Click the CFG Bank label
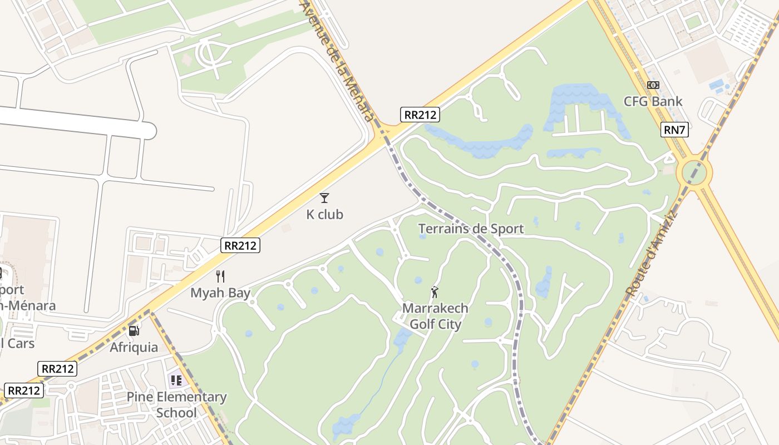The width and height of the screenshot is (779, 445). (x=653, y=101)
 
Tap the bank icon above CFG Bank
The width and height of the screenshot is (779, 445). (x=653, y=85)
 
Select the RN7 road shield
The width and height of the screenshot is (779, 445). (x=674, y=130)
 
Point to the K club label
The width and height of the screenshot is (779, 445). (x=324, y=214)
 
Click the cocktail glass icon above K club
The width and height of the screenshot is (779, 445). (x=324, y=197)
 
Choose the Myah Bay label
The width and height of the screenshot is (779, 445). (x=220, y=293)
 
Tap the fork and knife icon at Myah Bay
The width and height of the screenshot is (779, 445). (x=220, y=276)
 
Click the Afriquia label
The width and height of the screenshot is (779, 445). (x=134, y=347)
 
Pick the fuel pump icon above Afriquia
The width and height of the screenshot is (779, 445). (x=134, y=330)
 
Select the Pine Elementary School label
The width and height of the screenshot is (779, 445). (x=176, y=404)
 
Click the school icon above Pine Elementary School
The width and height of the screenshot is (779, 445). (x=176, y=380)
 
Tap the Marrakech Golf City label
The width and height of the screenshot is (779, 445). (x=435, y=316)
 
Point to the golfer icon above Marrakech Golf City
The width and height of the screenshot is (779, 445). (x=435, y=292)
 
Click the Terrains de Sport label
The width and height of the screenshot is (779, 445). (x=471, y=229)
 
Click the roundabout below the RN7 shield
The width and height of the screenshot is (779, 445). (x=693, y=172)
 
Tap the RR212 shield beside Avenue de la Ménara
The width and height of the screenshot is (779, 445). (x=420, y=115)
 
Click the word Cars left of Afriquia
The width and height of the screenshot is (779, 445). (x=20, y=343)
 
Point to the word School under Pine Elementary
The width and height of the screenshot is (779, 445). (x=176, y=413)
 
